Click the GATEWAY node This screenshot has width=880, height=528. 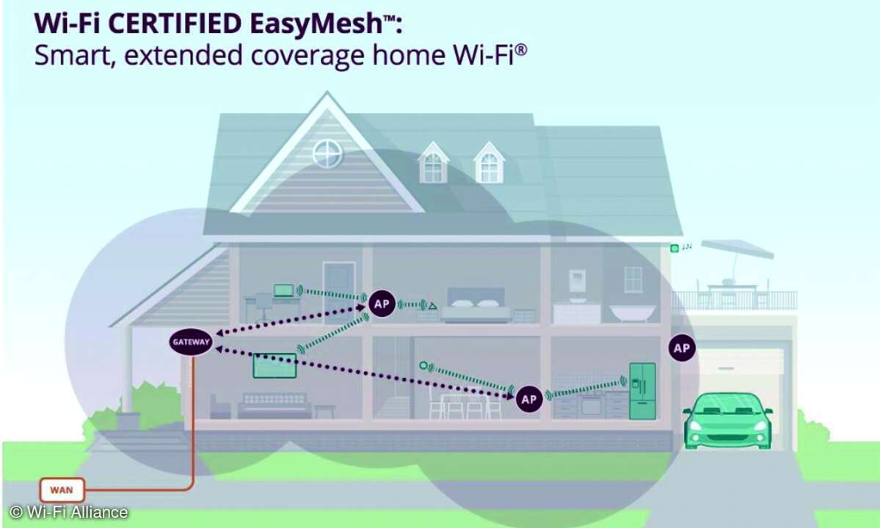191,342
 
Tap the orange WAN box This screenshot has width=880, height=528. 62,488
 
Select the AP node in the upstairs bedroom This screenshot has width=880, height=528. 382,302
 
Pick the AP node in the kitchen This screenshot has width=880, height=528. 528,399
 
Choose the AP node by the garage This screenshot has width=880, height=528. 682,348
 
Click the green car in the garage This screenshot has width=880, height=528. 727,421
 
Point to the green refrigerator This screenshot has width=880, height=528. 642,390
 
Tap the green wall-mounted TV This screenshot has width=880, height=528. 274,365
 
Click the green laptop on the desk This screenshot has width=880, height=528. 283,290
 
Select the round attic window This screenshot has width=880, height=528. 327,153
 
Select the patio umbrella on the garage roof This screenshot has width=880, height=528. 737,250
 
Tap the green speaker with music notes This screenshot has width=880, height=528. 674,249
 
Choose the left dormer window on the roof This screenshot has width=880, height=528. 433,166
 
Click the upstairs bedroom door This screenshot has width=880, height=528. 338,292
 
